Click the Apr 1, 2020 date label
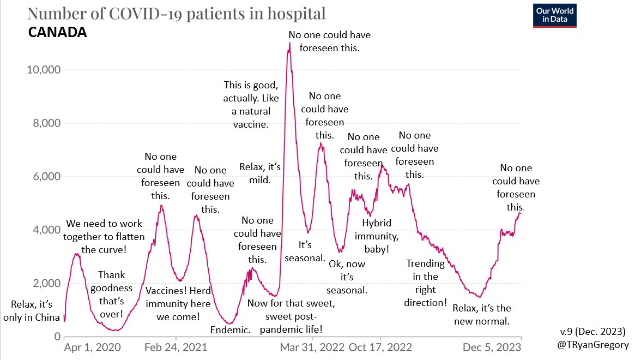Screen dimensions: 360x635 coord(92,347)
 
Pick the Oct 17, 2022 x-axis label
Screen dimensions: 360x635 coord(380,347)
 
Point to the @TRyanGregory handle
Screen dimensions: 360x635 coord(596,345)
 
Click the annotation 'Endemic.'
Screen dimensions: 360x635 coord(230,330)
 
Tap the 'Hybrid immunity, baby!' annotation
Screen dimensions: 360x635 coord(377,236)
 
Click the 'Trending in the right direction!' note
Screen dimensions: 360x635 coord(426,283)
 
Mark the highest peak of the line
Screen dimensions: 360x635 coord(289,43)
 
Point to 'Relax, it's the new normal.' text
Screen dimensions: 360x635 coord(482,315)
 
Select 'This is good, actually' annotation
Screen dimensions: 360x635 coord(251,104)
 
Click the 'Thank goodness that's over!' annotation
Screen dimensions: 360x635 coord(115,294)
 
